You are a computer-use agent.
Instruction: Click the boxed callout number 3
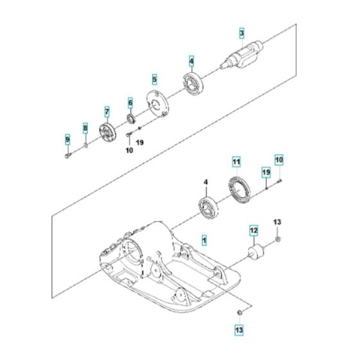(241, 33)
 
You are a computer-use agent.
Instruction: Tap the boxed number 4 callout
(191, 62)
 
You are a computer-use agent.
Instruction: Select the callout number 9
(67, 140)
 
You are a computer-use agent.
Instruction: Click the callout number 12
(253, 229)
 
